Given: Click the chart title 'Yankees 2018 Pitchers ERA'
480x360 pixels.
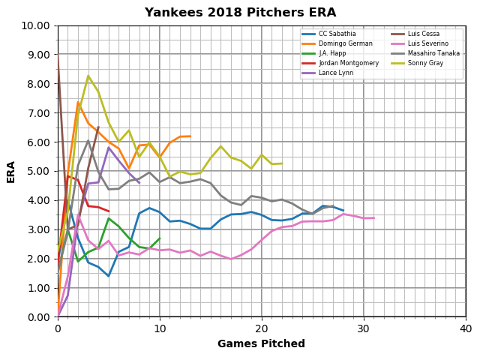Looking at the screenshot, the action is click(240, 13).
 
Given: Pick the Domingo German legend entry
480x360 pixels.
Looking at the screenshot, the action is click(337, 43).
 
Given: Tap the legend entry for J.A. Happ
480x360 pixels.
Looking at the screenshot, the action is click(323, 53).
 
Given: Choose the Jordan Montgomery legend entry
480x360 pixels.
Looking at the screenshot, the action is click(340, 63).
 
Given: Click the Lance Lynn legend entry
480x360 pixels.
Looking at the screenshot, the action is click(327, 73).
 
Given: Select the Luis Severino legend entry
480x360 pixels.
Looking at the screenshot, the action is click(420, 43).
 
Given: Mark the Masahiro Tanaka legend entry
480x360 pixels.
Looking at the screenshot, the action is click(425, 53).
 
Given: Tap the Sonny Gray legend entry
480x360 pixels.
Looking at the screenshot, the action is click(417, 63).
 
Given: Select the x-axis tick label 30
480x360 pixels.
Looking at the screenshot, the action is click(364, 328).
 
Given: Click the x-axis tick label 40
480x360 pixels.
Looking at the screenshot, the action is click(466, 328).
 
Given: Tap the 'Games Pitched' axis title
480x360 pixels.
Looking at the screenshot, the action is click(262, 343).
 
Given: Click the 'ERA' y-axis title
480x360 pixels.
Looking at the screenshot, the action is click(10, 172).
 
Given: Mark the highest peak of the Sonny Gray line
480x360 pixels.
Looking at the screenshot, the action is click(88, 75).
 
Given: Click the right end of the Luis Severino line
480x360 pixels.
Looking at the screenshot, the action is click(374, 218).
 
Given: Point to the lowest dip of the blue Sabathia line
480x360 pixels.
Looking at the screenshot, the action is click(109, 276).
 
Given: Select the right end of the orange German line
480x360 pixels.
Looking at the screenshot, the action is click(190, 136).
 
